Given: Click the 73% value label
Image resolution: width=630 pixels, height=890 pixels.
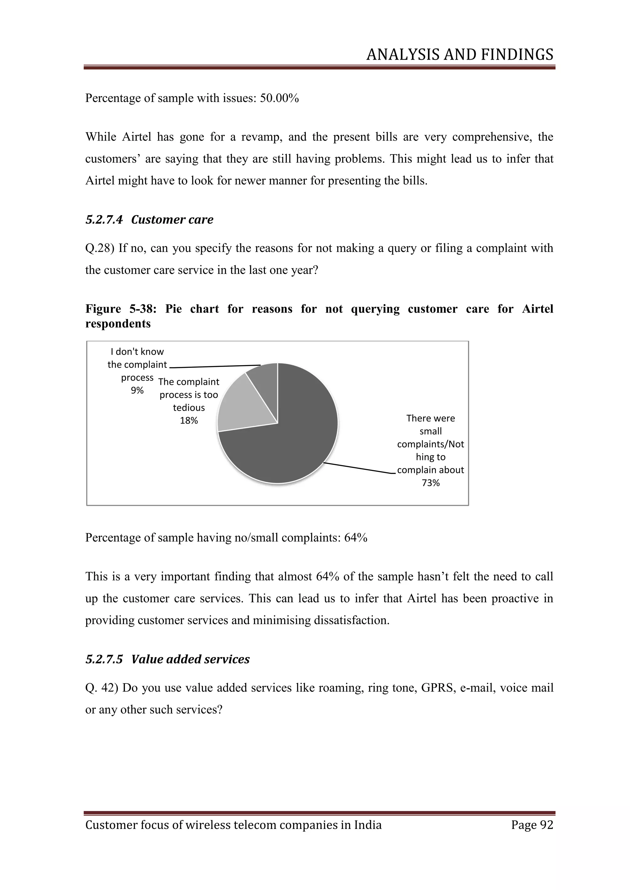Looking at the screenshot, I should point(431,483).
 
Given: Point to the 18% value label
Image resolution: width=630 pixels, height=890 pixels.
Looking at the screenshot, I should point(189,421).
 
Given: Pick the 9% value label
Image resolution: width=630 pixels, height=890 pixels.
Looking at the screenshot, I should point(137,390).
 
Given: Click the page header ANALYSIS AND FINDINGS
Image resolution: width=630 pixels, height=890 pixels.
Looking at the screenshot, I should point(460,55).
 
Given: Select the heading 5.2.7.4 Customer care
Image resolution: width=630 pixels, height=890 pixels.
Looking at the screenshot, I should point(150,219).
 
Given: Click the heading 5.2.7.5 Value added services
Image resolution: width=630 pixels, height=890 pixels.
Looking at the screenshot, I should point(168,659).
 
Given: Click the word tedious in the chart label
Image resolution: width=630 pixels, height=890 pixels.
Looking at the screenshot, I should point(189,408).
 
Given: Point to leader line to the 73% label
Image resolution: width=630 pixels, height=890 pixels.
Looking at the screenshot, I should point(359,468).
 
